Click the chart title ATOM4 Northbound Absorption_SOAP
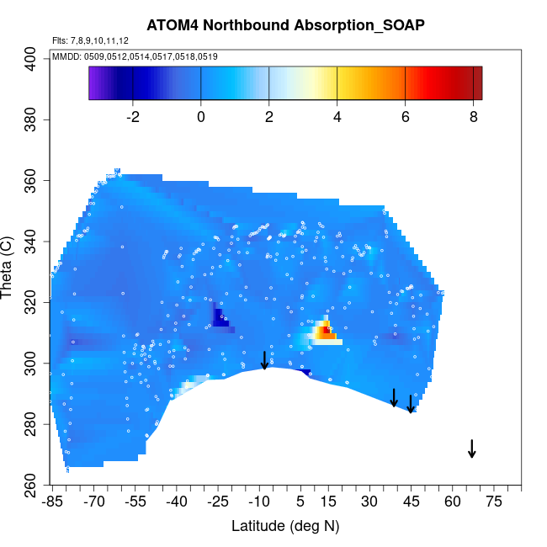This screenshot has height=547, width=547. tap(284, 24)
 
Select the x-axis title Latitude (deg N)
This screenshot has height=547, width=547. tap(284, 526)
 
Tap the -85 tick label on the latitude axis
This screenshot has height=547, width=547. tap(52, 502)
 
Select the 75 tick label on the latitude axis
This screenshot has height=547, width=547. tap(494, 502)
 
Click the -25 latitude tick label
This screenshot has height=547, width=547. tap(218, 502)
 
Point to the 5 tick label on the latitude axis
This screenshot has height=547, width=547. tap(300, 502)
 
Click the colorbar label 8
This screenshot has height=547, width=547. tap(475, 117)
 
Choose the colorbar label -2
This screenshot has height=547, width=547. tap(131, 117)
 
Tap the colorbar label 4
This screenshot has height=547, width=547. tap(337, 117)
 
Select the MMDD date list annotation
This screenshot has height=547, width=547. tap(135, 56)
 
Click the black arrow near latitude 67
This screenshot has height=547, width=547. tap(472, 449)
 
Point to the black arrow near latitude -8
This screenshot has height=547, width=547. tap(264, 360)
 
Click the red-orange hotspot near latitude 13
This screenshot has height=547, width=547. tap(323, 331)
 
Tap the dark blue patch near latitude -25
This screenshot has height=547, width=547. tap(220, 318)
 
